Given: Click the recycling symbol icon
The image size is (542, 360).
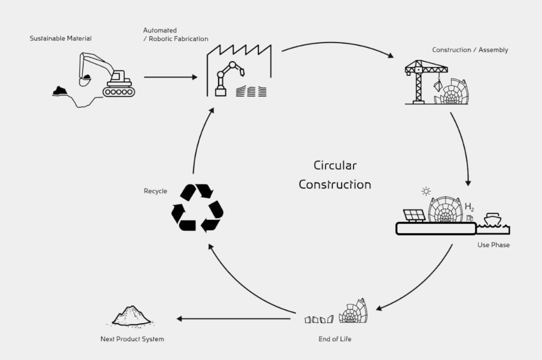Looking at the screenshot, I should pyautogui.click(x=197, y=208).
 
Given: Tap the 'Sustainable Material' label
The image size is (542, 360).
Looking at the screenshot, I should pyautogui.click(x=61, y=39).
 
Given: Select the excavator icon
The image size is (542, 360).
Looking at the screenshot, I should pyautogui.click(x=108, y=75).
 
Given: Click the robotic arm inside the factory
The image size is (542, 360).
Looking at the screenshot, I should pyautogui.click(x=229, y=79).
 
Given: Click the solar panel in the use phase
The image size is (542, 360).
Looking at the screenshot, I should pyautogui.click(x=414, y=215).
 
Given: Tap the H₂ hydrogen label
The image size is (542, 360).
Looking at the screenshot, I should pyautogui.click(x=470, y=207).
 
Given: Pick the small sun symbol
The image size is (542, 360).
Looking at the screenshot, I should pyautogui.click(x=426, y=191).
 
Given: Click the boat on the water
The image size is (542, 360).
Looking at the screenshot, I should pyautogui.click(x=493, y=221).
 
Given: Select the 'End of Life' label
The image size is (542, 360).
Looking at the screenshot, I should pyautogui.click(x=335, y=339).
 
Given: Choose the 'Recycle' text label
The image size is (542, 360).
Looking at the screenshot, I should pyautogui.click(x=155, y=191).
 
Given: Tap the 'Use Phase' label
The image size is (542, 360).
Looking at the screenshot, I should pyautogui.click(x=493, y=245).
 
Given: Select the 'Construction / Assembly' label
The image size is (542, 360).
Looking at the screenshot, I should pyautogui.click(x=470, y=50).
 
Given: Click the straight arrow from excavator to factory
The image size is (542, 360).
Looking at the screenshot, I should pyautogui.click(x=170, y=77).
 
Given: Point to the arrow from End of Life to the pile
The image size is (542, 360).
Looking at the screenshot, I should pyautogui.click(x=235, y=318).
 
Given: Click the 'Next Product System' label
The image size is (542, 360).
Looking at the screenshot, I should pyautogui.click(x=132, y=339).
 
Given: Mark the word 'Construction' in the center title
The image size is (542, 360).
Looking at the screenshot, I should pyautogui.click(x=335, y=185).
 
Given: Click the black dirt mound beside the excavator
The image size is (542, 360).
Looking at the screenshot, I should pyautogui.click(x=60, y=91).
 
